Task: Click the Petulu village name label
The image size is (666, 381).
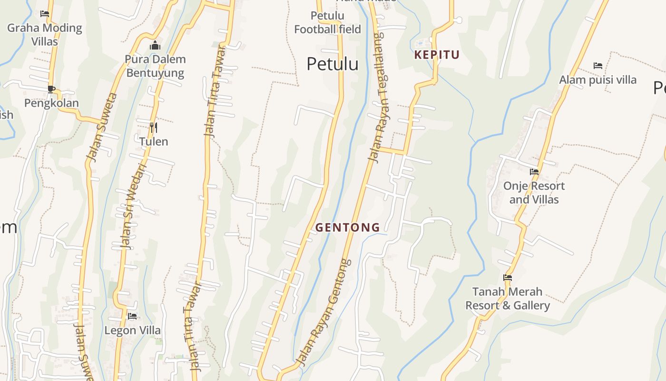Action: [332, 64]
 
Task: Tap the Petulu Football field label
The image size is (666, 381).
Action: [327, 22]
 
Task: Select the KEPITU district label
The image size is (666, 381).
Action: [437, 55]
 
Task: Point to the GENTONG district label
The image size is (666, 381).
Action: [348, 228]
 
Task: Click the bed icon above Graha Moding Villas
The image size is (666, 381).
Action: [45, 14]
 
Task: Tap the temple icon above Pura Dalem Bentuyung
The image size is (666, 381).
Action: [155, 46]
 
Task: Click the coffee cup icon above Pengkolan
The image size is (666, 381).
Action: [51, 89]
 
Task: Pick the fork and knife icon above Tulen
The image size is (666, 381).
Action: [154, 128]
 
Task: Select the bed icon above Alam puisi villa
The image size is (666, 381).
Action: [598, 66]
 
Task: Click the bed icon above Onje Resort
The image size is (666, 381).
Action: [534, 172]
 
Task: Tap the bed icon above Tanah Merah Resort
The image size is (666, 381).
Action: [508, 278]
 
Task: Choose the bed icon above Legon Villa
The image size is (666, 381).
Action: [132, 316]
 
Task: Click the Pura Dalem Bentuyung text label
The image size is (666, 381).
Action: [155, 66]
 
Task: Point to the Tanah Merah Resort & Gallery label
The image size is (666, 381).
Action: [508, 299]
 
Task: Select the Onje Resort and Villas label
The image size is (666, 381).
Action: [534, 192]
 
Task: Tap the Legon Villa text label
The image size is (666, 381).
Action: [132, 331]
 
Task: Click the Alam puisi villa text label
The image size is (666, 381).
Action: [597, 80]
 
